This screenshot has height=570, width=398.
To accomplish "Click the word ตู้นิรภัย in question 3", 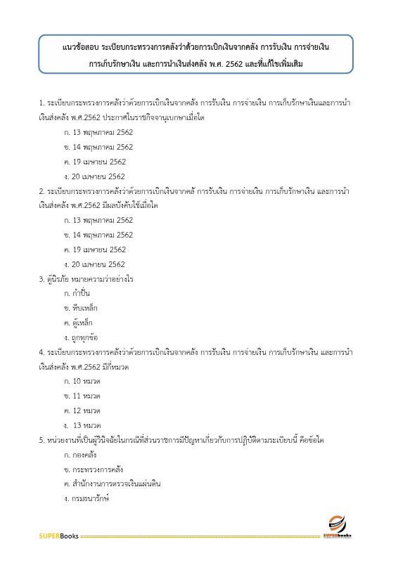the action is pyautogui.click(x=60, y=279).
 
